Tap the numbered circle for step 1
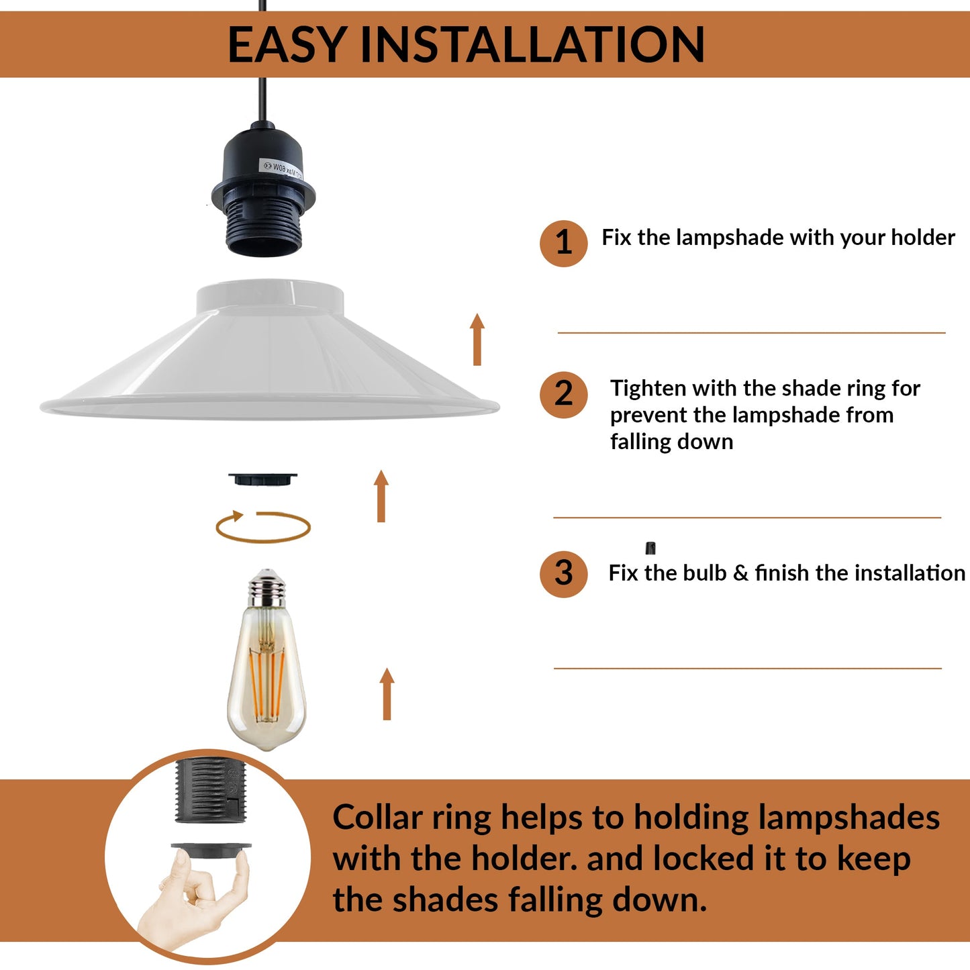[x=563, y=243]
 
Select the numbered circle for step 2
[x=563, y=395]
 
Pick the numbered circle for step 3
[x=563, y=574]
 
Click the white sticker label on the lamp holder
[x=281, y=168]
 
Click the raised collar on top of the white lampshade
[x=270, y=297]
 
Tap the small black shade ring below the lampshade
[x=262, y=479]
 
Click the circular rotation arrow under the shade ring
[x=262, y=542]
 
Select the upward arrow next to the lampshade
[x=477, y=339]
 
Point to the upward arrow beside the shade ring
[x=381, y=496]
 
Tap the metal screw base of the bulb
[x=266, y=589]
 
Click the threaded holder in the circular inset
[x=210, y=791]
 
